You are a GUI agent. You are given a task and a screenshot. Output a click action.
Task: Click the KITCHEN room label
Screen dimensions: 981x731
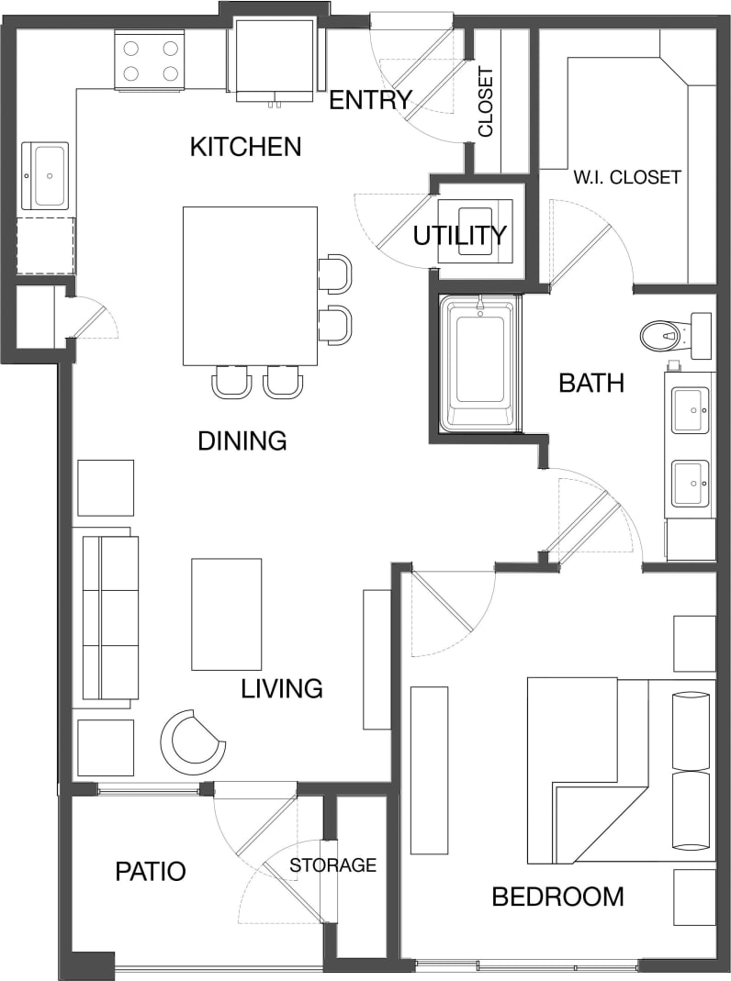(x=245, y=146)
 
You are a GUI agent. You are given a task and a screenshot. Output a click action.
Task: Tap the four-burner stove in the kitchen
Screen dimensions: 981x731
(x=149, y=61)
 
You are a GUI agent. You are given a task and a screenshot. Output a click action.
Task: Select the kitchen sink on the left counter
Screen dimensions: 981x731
(x=45, y=174)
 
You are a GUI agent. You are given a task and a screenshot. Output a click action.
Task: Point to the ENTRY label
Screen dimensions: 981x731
(x=369, y=100)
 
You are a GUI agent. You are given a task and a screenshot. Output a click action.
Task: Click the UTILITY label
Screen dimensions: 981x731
(x=459, y=236)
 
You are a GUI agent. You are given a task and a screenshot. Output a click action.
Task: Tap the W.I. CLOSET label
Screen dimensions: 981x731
(x=628, y=176)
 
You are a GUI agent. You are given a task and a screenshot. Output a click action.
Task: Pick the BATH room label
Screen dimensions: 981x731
(x=591, y=383)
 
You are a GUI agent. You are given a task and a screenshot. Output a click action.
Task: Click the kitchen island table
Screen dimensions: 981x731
(x=250, y=285)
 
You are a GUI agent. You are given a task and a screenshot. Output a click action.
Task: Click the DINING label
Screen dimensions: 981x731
(x=242, y=441)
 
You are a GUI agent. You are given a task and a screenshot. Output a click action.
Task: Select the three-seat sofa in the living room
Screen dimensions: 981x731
(x=107, y=617)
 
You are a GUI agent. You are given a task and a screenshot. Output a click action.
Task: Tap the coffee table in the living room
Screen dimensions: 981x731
(x=226, y=614)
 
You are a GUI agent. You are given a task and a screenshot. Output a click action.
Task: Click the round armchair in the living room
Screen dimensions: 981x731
(x=194, y=741)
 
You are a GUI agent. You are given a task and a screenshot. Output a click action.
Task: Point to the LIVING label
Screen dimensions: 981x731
(x=282, y=687)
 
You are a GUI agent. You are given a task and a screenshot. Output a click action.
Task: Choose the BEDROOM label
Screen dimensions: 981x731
(x=557, y=896)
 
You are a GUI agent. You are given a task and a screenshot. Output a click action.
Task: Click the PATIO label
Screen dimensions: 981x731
(x=151, y=871)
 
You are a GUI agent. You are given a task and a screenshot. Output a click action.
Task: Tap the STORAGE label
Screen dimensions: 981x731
(x=333, y=864)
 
